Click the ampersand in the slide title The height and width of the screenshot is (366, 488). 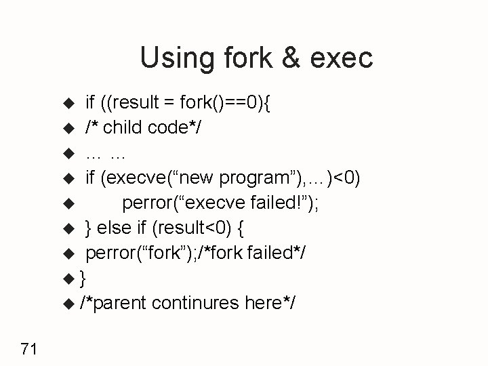[x=287, y=58]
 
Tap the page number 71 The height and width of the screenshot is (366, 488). [x=28, y=349]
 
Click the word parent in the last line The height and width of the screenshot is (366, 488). [x=119, y=303]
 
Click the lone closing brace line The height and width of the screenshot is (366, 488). [x=83, y=278]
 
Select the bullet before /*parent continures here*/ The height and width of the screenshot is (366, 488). [x=68, y=303]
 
